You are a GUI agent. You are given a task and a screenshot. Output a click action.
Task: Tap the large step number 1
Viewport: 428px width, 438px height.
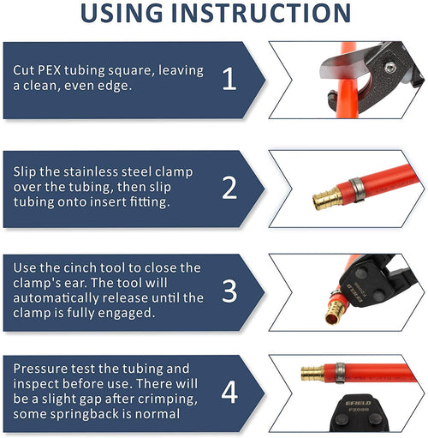pyautogui.click(x=229, y=80)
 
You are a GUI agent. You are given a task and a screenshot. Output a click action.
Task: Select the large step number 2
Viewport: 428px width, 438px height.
pyautogui.click(x=229, y=188)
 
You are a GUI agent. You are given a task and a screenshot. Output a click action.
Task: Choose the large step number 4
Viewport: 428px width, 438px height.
pyautogui.click(x=229, y=393)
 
